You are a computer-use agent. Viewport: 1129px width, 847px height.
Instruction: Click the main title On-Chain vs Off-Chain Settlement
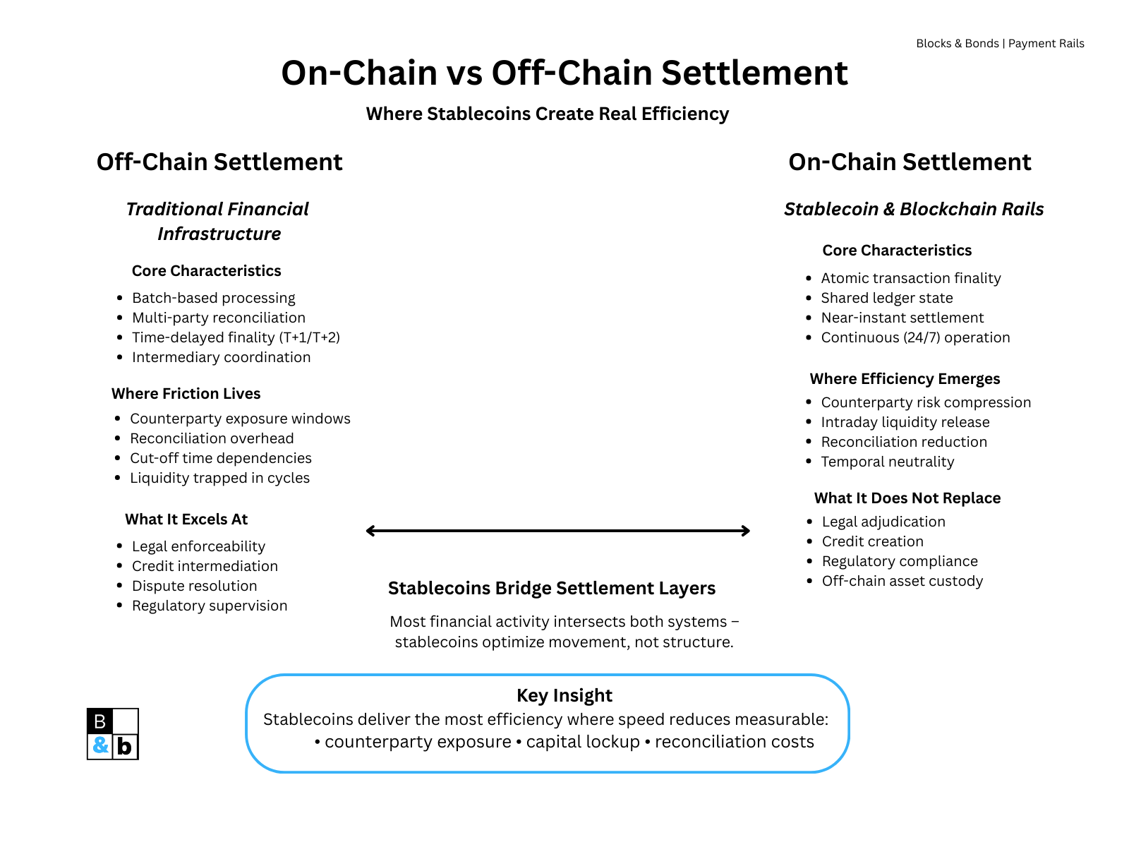tap(564, 73)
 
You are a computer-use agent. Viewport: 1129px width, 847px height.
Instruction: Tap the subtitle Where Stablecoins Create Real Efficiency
tap(547, 114)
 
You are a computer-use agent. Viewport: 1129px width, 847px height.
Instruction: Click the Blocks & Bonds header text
tap(1000, 44)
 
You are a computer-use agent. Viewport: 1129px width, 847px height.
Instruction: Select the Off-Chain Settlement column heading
tap(219, 162)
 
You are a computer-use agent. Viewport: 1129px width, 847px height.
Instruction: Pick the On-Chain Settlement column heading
tap(910, 162)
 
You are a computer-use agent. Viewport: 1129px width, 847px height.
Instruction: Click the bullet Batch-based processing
tap(213, 298)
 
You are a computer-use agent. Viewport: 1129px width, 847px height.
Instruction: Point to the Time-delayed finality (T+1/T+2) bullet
tap(236, 337)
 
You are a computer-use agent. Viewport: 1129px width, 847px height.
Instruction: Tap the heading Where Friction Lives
tap(186, 394)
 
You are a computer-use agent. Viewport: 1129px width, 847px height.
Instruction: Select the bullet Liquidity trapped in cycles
tap(219, 478)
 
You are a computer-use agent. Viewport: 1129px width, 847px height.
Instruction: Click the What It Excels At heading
tap(186, 519)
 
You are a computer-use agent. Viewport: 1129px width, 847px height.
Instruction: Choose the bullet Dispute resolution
tap(194, 586)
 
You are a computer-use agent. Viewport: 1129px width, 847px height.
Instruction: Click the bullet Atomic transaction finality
tap(910, 278)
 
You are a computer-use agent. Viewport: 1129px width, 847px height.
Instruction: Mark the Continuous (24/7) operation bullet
tap(915, 337)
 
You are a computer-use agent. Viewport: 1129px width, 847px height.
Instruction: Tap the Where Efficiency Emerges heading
tap(905, 379)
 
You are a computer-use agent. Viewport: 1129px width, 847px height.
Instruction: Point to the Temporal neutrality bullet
tap(887, 462)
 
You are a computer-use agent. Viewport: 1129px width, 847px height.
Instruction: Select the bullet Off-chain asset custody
tap(902, 581)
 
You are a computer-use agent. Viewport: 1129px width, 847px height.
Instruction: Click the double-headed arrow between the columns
tap(557, 531)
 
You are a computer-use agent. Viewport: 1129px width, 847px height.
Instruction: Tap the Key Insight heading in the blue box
tap(564, 696)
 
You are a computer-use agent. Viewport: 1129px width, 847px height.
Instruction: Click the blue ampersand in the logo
tap(100, 745)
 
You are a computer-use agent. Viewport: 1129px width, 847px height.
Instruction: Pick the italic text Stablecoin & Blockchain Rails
tap(914, 210)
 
